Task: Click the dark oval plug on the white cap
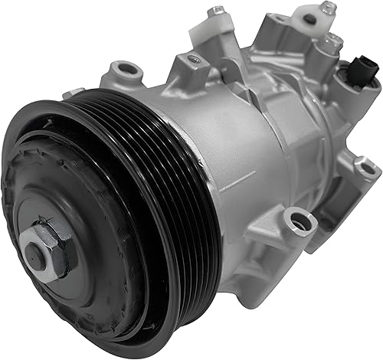click(x=309, y=19)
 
